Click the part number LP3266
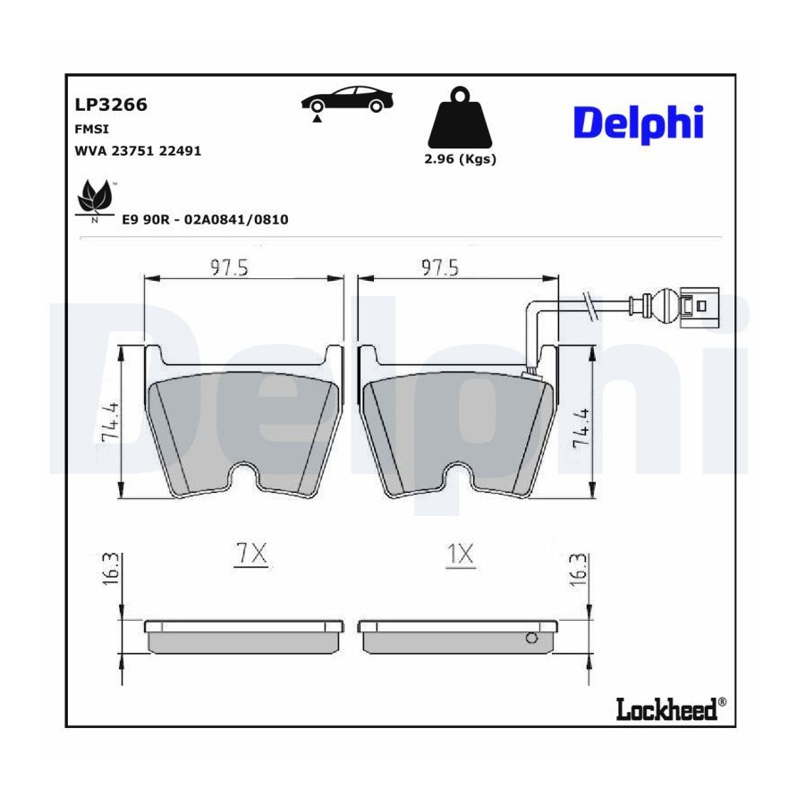[111, 105]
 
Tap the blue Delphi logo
[638, 123]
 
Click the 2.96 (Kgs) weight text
[460, 159]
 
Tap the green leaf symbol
[95, 197]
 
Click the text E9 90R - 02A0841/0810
[205, 220]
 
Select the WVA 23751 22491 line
[138, 151]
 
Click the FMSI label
[92, 130]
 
